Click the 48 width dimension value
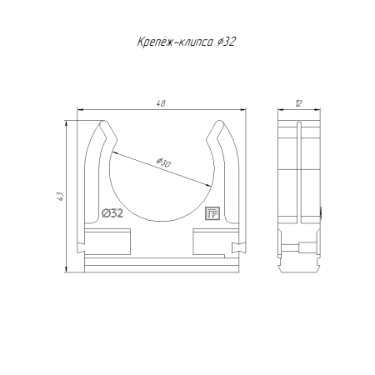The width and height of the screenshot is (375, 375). pyautogui.click(x=161, y=103)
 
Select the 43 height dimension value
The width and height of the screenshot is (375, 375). pyautogui.click(x=60, y=197)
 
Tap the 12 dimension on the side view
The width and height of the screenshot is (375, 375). pyautogui.click(x=298, y=103)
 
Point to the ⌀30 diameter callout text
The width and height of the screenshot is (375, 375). pyautogui.click(x=163, y=162)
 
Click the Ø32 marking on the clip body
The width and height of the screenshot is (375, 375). pyautogui.click(x=112, y=213)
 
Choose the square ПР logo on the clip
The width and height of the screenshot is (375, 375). pyautogui.click(x=212, y=213)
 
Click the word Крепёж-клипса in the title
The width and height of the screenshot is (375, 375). pyautogui.click(x=175, y=42)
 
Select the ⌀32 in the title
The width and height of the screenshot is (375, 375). pyautogui.click(x=226, y=42)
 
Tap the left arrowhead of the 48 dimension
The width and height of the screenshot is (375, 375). pyautogui.click(x=81, y=110)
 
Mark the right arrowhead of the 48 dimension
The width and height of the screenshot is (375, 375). pyautogui.click(x=242, y=110)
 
